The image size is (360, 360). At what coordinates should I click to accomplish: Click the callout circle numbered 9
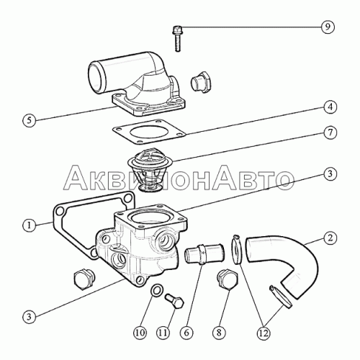coord(328,27)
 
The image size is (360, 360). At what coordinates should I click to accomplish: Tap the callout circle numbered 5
coord(30,120)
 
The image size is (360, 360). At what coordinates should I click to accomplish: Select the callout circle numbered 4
coord(330,107)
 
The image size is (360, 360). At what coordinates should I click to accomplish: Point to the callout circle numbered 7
coord(330,132)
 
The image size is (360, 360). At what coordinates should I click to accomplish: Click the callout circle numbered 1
coord(30,225)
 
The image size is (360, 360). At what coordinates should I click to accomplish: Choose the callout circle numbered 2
coord(330,238)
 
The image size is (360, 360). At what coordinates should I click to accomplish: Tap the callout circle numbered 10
coord(140,333)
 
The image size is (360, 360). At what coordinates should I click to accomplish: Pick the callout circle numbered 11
coord(163,333)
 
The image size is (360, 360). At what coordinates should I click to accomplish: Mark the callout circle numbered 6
coord(186,333)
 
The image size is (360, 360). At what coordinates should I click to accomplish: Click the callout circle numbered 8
coord(219,333)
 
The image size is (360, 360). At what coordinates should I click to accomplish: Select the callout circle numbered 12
coord(264,333)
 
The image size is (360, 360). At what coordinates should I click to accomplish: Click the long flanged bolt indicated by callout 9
coord(177,38)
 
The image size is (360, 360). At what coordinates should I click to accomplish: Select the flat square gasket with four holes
coord(150,132)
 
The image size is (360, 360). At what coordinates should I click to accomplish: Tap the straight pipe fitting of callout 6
coord(204,253)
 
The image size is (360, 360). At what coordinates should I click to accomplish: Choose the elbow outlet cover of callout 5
coord(135,84)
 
